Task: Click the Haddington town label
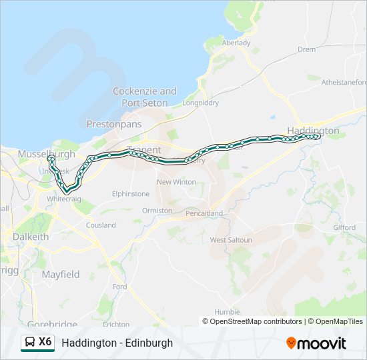pyautogui.click(x=313, y=131)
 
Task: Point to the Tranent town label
pyautogui.click(x=143, y=151)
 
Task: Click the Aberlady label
pyautogui.click(x=236, y=43)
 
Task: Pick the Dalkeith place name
pyautogui.click(x=31, y=236)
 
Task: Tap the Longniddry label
pyautogui.click(x=200, y=103)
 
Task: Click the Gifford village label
pyautogui.click(x=344, y=227)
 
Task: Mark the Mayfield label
pyautogui.click(x=61, y=274)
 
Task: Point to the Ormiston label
pyautogui.click(x=157, y=210)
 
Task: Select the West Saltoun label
pyautogui.click(x=231, y=240)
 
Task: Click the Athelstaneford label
pyautogui.click(x=344, y=83)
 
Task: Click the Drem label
pyautogui.click(x=307, y=49)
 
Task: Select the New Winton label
pyautogui.click(x=176, y=182)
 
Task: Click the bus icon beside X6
pyautogui.click(x=29, y=343)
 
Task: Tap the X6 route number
pyautogui.click(x=45, y=342)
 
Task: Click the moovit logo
pyautogui.click(x=316, y=343)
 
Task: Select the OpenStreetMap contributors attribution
pyautogui.click(x=252, y=321)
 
